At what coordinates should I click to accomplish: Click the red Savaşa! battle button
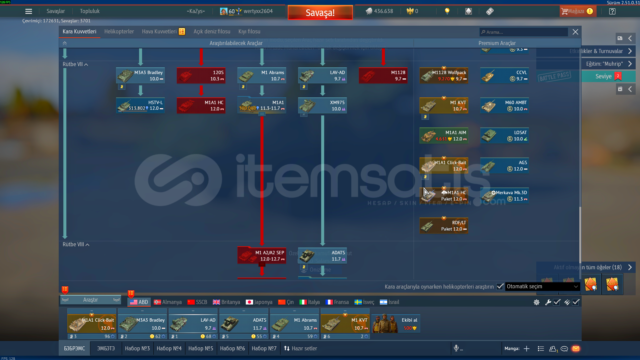[320, 13]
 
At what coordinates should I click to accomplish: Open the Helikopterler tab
[119, 31]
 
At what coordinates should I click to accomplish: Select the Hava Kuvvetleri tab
[159, 31]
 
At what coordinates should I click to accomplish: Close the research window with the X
[575, 32]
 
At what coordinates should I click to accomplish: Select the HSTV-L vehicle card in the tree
[140, 105]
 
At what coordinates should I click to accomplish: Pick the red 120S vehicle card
[201, 75]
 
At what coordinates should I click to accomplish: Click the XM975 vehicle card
[323, 105]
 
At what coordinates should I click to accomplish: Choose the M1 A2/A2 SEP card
[262, 256]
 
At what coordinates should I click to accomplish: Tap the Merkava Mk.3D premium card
[505, 196]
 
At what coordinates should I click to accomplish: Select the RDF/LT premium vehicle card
[444, 226]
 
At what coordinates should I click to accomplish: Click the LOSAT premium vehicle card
[505, 135]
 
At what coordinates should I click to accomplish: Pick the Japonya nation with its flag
[259, 302]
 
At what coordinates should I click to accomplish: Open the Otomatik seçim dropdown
[542, 286]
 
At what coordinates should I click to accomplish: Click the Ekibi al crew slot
[396, 324]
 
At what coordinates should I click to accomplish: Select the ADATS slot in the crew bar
[244, 324]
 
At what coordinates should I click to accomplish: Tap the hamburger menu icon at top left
[29, 11]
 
